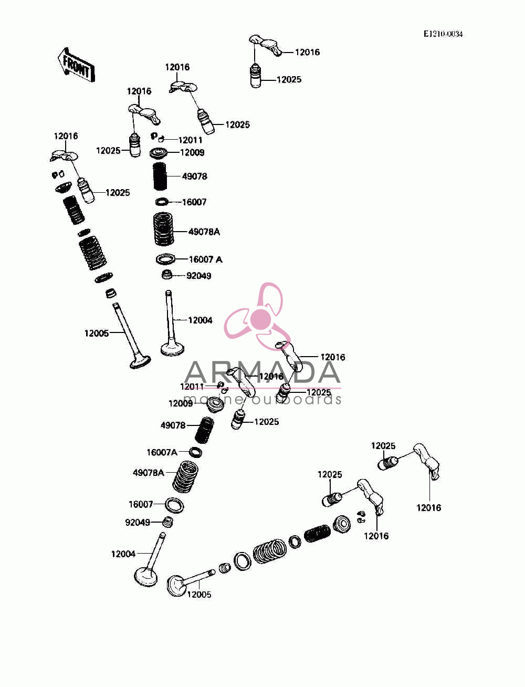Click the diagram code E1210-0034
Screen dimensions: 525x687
443,34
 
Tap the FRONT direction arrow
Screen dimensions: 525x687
76,66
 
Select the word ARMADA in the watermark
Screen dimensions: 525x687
262,372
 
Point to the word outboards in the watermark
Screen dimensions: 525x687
297,399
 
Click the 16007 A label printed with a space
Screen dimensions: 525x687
206,259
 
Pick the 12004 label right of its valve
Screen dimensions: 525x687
200,320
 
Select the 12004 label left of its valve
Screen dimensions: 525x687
123,554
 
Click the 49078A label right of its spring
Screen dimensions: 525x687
204,232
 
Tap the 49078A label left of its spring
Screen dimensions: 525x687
148,472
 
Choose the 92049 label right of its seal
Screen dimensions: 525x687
198,276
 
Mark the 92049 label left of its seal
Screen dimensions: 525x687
138,523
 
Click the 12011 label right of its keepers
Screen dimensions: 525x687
190,140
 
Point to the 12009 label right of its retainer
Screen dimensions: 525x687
192,152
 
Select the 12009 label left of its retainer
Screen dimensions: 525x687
181,403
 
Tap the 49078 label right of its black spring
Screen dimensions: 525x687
195,176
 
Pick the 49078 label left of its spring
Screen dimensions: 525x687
173,425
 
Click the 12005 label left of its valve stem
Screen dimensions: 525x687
97,333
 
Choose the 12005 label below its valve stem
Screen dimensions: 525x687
199,595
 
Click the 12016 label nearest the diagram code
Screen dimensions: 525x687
307,52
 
